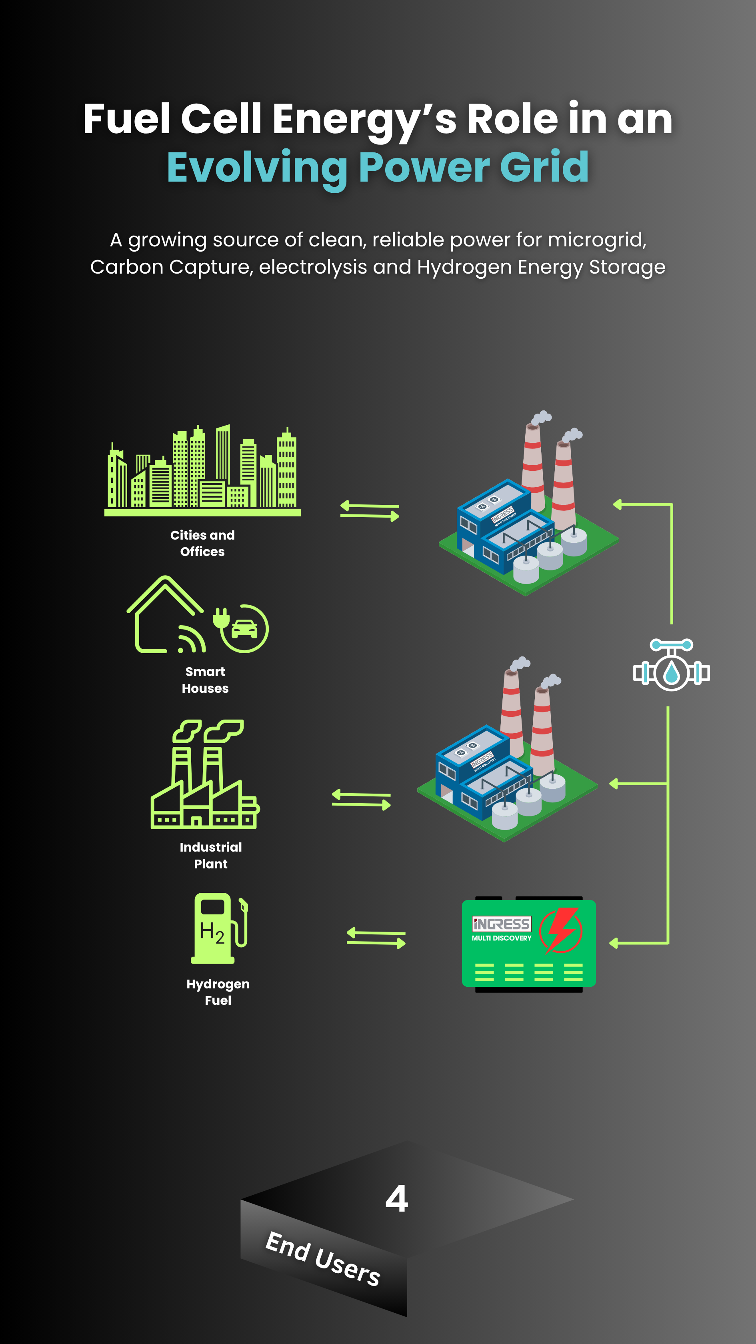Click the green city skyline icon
pos(202,470)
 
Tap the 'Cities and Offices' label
pos(202,543)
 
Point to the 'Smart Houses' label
pos(205,680)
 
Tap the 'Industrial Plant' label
pos(211,855)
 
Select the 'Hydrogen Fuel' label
pos(218,992)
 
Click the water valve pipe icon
pos(672,665)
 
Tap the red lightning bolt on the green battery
pos(561,930)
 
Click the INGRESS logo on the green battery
pos(501,924)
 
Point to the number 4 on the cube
pos(396,1199)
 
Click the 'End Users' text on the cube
pos(323,1258)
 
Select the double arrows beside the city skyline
pos(369,511)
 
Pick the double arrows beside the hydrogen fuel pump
pos(376,938)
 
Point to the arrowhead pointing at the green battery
pos(614,943)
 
